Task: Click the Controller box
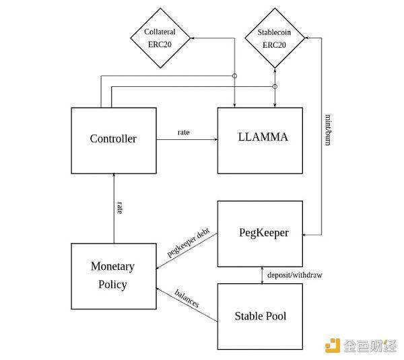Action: coord(113,139)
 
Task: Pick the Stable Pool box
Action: coord(260,316)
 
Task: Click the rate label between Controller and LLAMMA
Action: coord(183,132)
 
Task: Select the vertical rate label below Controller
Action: coord(119,207)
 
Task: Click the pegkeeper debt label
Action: coord(189,243)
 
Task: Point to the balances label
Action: coord(187,298)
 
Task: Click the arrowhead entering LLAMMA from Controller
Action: coord(215,139)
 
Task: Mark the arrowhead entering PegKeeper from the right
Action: coord(306,234)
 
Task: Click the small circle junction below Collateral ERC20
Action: coord(235,76)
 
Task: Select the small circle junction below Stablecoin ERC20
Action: coord(275,87)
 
